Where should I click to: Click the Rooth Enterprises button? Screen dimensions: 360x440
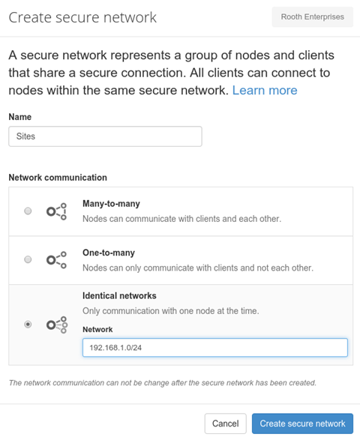(x=312, y=17)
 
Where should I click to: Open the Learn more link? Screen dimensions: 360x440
(x=265, y=91)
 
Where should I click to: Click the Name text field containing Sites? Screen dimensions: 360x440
(x=105, y=136)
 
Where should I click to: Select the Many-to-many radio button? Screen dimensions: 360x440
(x=28, y=211)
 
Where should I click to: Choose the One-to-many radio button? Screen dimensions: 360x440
(x=28, y=259)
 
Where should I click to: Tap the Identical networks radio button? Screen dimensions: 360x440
(x=28, y=325)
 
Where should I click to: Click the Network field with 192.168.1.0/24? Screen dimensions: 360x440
(x=215, y=348)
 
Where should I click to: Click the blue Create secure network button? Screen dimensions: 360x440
(x=302, y=424)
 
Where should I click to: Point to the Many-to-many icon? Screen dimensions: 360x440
(x=56, y=211)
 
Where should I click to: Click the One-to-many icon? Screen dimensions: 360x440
(x=56, y=260)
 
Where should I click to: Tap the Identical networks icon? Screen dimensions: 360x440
(x=57, y=325)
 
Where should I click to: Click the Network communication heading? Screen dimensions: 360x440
(x=58, y=178)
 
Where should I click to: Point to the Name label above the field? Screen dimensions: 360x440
(x=20, y=117)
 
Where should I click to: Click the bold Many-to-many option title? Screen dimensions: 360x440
(x=111, y=203)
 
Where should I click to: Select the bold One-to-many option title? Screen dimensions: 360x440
(x=109, y=253)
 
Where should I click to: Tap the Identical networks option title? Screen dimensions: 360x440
(x=119, y=296)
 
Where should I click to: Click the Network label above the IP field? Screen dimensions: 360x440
(x=97, y=330)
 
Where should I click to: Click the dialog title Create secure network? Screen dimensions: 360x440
(x=82, y=17)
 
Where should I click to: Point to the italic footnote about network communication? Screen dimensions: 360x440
(x=163, y=383)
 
